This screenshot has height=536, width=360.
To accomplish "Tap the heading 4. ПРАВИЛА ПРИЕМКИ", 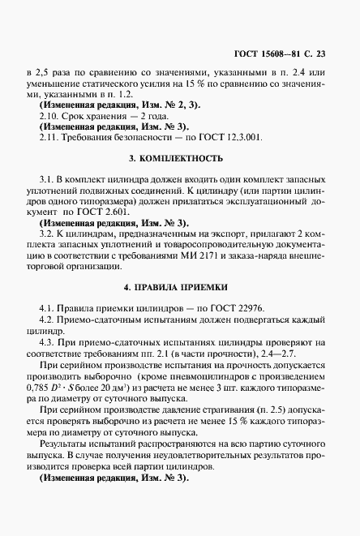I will (x=180, y=287).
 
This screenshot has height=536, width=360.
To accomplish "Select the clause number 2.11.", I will (x=48, y=138).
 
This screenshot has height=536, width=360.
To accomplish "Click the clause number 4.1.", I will (x=45, y=309).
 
